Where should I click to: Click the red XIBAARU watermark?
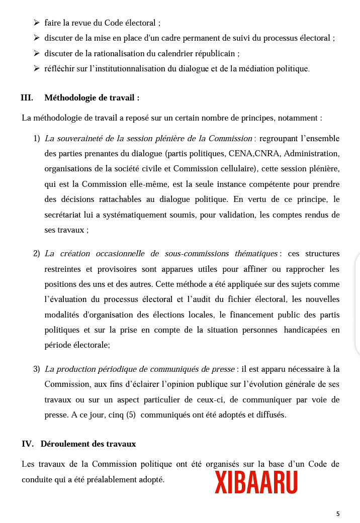pyautogui.click(x=256, y=482)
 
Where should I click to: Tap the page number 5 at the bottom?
pyautogui.click(x=338, y=513)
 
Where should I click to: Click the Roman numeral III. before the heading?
pyautogui.click(x=27, y=98)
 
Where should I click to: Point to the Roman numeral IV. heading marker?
pyautogui.click(x=28, y=444)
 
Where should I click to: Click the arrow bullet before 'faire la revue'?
pyautogui.click(x=37, y=23)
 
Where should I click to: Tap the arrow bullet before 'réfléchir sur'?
pyautogui.click(x=37, y=68)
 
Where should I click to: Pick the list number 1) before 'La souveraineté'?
pyautogui.click(x=37, y=138)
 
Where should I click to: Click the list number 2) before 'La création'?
pyautogui.click(x=37, y=254)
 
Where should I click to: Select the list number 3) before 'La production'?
pyautogui.click(x=37, y=369)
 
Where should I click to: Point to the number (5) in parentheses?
pyautogui.click(x=130, y=415)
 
